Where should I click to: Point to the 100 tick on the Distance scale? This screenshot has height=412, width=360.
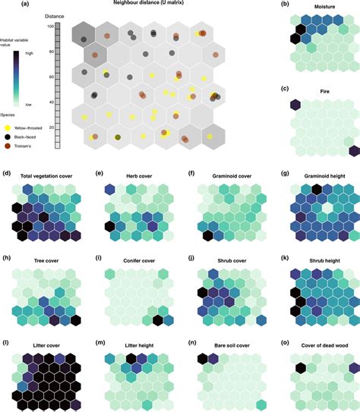click(x=49, y=27)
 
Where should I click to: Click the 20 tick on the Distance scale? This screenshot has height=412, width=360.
click(x=49, y=127)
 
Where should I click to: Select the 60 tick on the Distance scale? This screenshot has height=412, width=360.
click(x=49, y=77)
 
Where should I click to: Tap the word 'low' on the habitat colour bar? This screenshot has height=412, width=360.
click(x=28, y=103)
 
